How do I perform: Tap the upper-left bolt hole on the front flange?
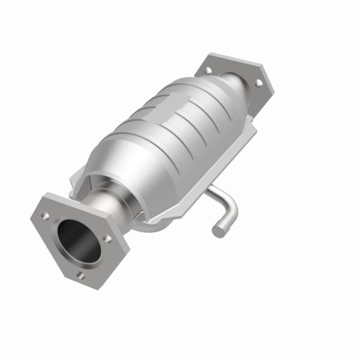[x=45, y=214]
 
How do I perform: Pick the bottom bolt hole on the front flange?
[x=80, y=275]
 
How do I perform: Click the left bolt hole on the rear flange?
[x=208, y=70]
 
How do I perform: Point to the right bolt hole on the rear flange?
[x=259, y=83]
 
